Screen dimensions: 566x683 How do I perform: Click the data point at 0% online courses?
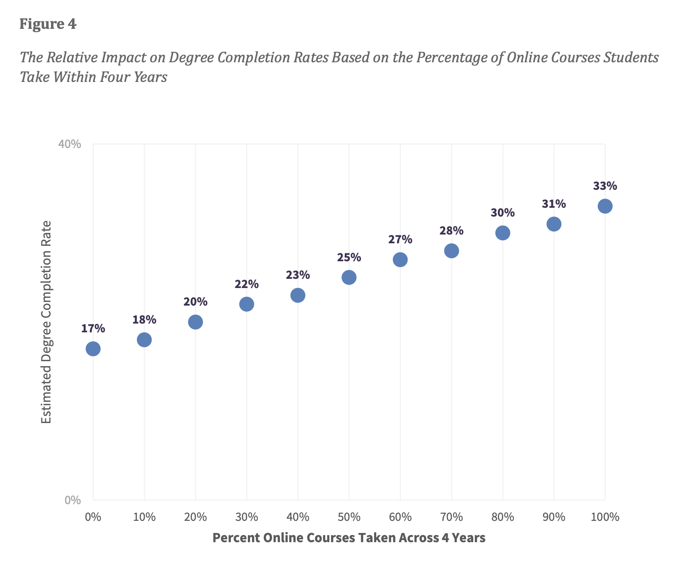pyautogui.click(x=93, y=349)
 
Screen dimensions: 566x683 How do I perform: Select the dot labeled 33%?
pyautogui.click(x=605, y=206)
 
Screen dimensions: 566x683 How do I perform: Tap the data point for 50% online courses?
pyautogui.click(x=349, y=277)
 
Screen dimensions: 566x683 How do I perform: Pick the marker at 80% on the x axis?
pyautogui.click(x=502, y=233)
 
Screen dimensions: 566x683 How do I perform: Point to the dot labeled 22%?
pyautogui.click(x=247, y=304)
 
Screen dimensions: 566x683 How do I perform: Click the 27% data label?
pyautogui.click(x=400, y=240)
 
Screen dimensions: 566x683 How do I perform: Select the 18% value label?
pyautogui.click(x=144, y=320)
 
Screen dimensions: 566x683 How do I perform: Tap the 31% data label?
pyautogui.click(x=554, y=204)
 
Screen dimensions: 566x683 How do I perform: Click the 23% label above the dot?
pyautogui.click(x=298, y=275)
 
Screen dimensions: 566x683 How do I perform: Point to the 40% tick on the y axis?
pyautogui.click(x=69, y=145)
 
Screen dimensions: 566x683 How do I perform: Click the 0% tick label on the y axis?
pyautogui.click(x=73, y=500)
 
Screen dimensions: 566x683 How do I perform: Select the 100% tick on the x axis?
pyautogui.click(x=605, y=517)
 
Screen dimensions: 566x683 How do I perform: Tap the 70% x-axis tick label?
pyautogui.click(x=451, y=517)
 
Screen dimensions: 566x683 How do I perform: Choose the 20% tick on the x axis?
pyautogui.click(x=196, y=517)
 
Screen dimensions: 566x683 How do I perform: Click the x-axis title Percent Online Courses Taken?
pyautogui.click(x=349, y=538)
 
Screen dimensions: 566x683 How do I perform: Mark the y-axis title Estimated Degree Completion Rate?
pyautogui.click(x=46, y=322)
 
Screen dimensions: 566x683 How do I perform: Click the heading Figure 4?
pyautogui.click(x=48, y=24)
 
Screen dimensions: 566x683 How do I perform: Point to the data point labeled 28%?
pyautogui.click(x=451, y=251)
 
